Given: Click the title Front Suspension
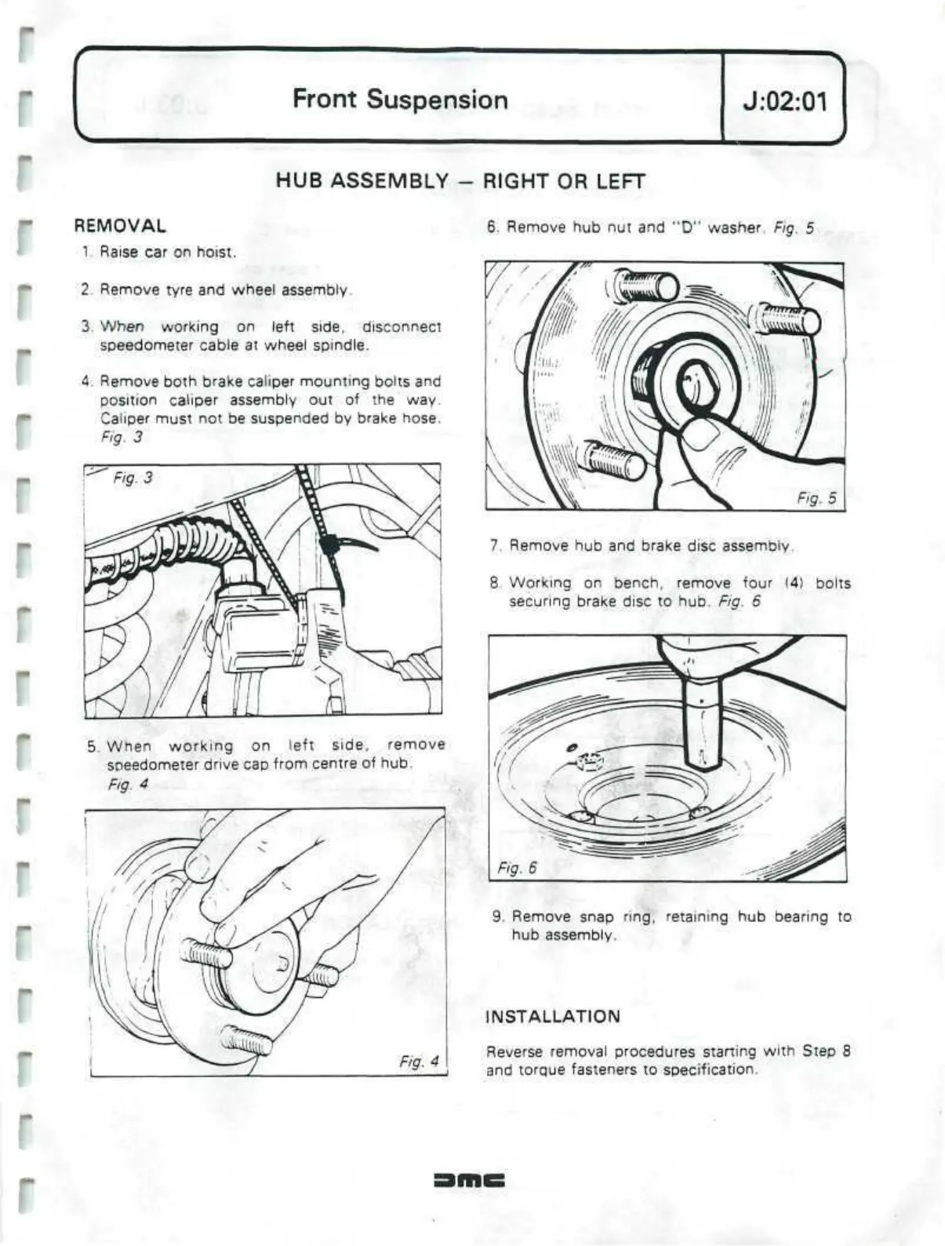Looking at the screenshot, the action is (x=400, y=100).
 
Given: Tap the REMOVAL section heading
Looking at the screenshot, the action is (x=119, y=226).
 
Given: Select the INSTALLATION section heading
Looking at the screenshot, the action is (x=553, y=1017).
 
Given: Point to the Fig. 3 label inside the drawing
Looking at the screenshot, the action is (x=133, y=478).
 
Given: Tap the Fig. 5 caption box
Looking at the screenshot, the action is (x=816, y=497).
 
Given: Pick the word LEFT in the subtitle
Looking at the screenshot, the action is (x=620, y=181).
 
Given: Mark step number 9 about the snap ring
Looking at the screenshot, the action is (x=496, y=916).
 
